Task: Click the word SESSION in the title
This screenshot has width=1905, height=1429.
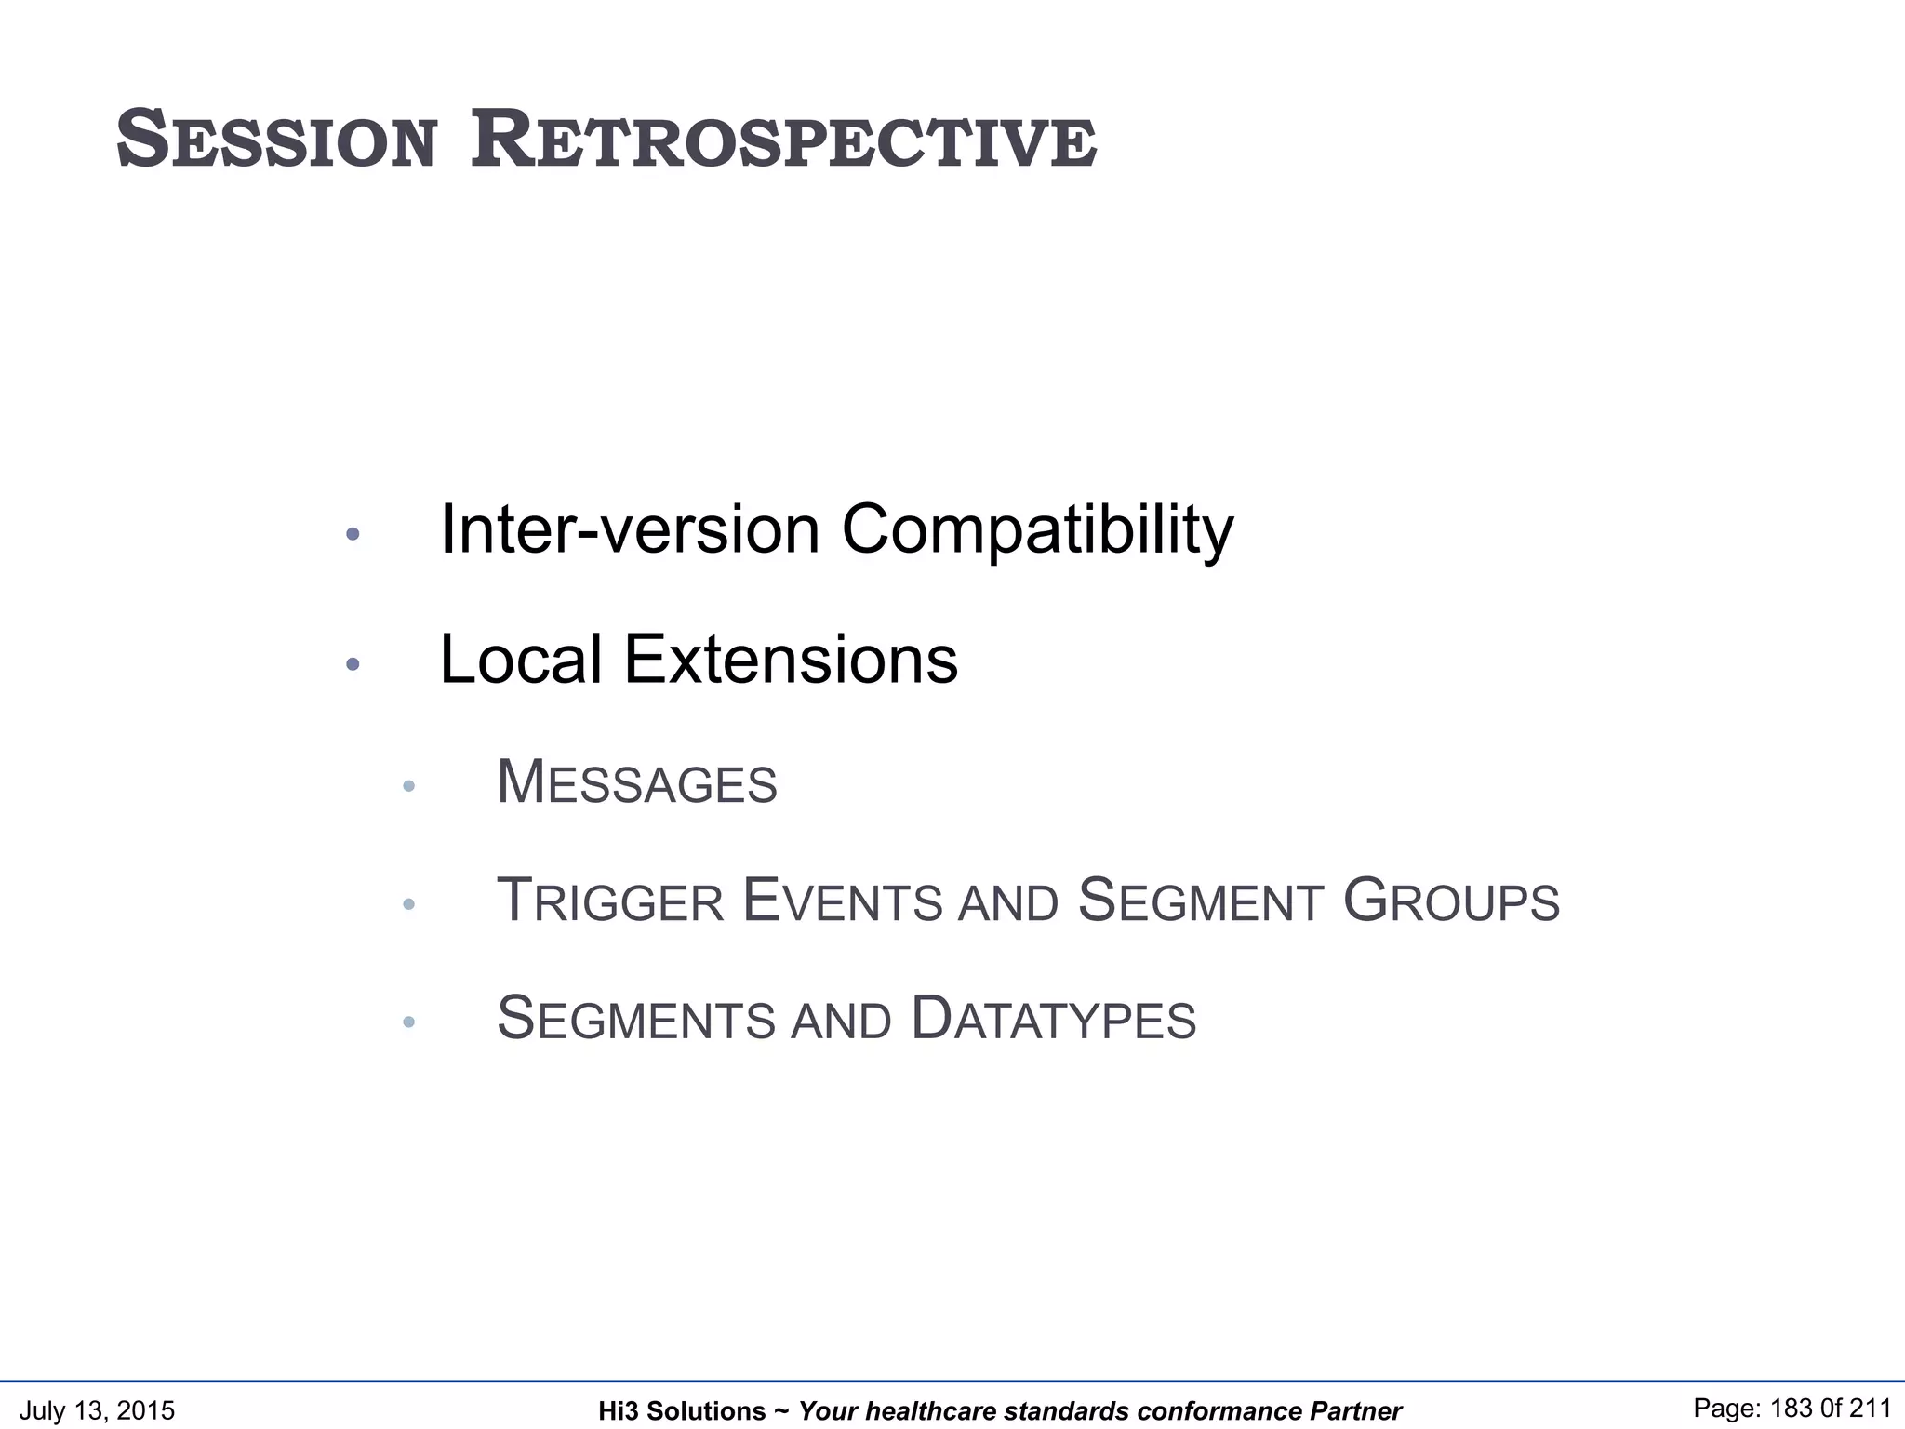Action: point(276,141)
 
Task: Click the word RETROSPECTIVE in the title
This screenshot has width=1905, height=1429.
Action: point(783,141)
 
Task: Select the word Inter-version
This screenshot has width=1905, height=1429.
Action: point(630,530)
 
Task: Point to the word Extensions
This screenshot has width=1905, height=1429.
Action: point(791,660)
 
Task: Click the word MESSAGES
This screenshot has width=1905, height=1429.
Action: point(637,783)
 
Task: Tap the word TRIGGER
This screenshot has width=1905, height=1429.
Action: point(610,901)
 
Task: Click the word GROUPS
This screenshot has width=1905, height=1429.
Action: point(1451,901)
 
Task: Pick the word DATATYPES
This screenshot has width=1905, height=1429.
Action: point(1053,1019)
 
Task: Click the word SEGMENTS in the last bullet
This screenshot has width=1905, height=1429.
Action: point(636,1019)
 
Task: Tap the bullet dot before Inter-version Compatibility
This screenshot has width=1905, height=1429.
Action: point(353,534)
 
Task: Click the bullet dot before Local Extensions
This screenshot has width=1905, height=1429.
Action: point(353,664)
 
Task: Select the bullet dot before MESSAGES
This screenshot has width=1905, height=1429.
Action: point(408,787)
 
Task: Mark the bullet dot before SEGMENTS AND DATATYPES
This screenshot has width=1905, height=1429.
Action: point(408,1022)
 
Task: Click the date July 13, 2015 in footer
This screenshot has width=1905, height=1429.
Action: point(97,1410)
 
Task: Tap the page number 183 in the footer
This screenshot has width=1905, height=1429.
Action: point(1792,1409)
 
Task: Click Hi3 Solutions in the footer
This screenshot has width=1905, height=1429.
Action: point(682,1411)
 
